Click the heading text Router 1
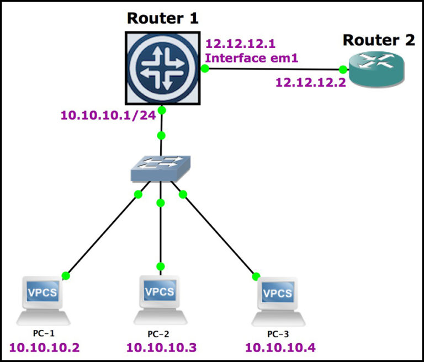(162, 18)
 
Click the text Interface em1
(252, 58)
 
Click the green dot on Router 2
(343, 70)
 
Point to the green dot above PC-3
(256, 276)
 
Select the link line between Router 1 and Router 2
(273, 69)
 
